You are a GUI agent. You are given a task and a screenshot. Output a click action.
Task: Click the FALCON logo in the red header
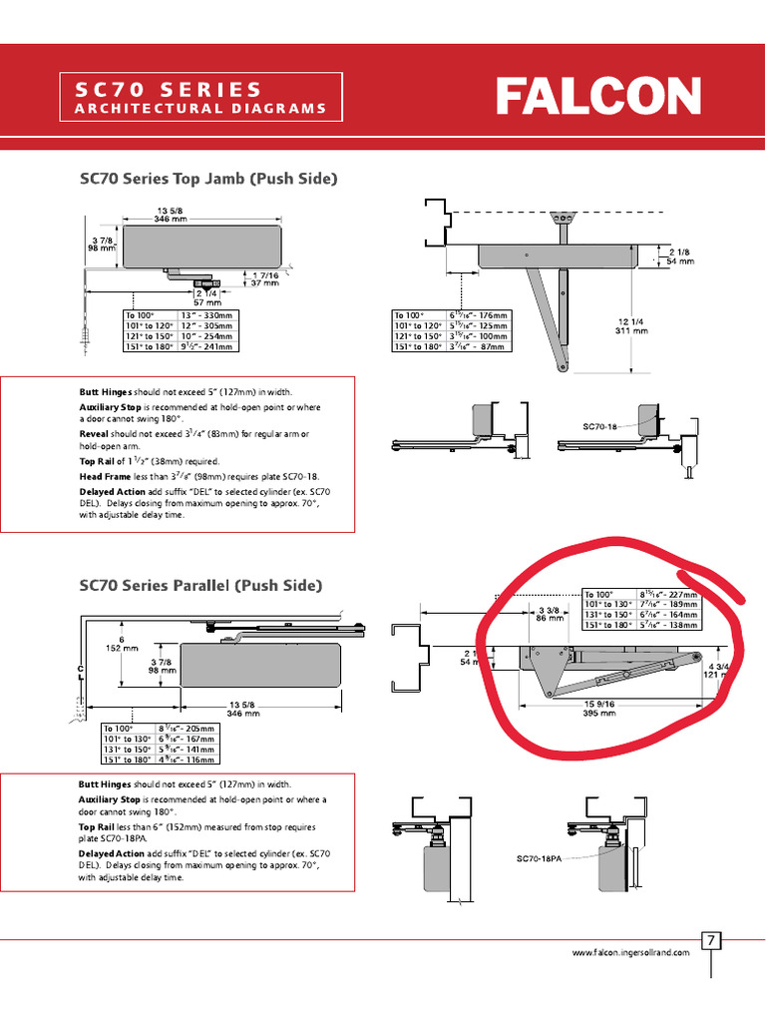pyautogui.click(x=598, y=98)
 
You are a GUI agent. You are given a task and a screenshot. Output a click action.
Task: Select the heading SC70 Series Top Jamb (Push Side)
pyautogui.click(x=208, y=179)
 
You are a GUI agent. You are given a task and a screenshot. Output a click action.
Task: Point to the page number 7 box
pyautogui.click(x=712, y=940)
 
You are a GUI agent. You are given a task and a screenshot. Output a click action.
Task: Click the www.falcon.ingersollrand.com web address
pyautogui.click(x=630, y=953)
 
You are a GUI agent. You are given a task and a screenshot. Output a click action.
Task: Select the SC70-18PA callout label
pyautogui.click(x=540, y=858)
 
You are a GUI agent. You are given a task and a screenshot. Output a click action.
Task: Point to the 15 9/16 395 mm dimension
pyautogui.click(x=598, y=709)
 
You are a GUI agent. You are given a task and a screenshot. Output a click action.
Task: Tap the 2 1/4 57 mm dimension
pyautogui.click(x=206, y=297)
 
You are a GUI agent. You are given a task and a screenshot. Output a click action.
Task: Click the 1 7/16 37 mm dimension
pyautogui.click(x=264, y=279)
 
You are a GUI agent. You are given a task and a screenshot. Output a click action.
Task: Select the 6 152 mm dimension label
pyautogui.click(x=121, y=644)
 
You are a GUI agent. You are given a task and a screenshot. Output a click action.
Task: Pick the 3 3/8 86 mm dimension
pyautogui.click(x=548, y=614)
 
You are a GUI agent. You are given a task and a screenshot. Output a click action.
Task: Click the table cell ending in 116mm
pyautogui.click(x=187, y=760)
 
